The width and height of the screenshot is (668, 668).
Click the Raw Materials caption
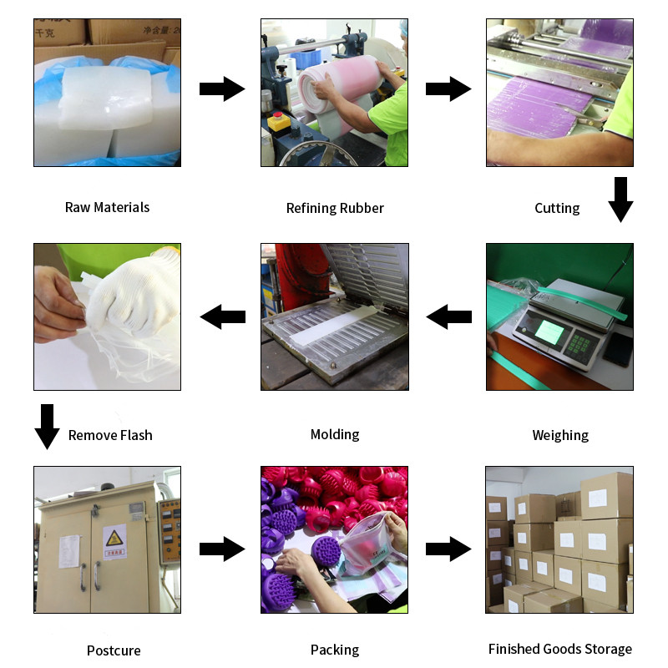107,207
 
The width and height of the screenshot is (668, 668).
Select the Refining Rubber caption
335,208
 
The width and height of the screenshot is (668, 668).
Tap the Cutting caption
557,208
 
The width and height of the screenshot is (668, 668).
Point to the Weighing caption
560,435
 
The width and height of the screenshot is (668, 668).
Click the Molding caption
335,434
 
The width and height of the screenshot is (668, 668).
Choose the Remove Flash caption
110,435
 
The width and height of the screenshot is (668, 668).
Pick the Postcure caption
114,650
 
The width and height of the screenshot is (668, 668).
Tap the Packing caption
335,650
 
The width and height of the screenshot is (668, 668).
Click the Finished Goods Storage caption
560,649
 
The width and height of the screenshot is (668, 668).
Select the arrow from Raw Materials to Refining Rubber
221,89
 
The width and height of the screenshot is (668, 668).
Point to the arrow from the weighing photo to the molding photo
449,316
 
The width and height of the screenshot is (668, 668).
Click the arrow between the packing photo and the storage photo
449,549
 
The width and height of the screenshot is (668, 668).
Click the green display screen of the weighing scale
548,332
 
